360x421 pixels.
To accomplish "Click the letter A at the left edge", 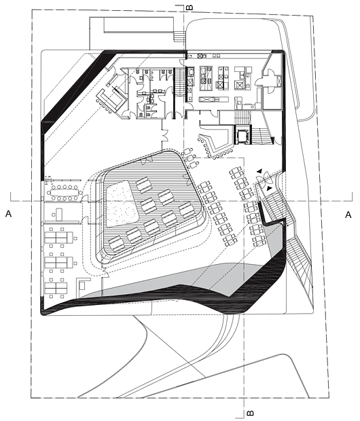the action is click(9, 214).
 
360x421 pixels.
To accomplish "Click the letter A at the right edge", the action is click(348, 215).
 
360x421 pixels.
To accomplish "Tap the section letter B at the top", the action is click(190, 7).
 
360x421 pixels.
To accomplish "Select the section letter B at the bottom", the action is click(249, 413).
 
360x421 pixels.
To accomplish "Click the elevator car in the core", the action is click(243, 134).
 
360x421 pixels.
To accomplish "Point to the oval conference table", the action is click(65, 192).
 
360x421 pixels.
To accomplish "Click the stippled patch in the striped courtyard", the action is click(122, 203).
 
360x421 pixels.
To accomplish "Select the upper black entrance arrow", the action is click(259, 171).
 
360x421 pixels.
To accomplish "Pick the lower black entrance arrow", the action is click(269, 189).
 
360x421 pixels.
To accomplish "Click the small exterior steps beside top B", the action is click(179, 36).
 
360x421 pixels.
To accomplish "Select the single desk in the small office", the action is click(58, 214).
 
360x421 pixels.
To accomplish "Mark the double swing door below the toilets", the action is click(164, 135).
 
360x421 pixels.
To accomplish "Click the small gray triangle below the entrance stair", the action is click(274, 238).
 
